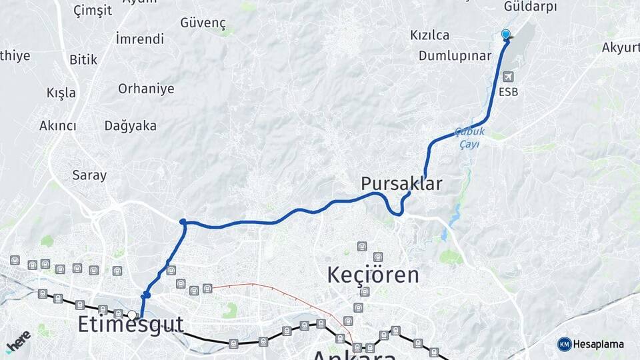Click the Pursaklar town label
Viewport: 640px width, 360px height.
pos(401,183)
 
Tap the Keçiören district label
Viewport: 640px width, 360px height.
pos(373,274)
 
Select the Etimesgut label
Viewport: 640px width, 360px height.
pos(130,325)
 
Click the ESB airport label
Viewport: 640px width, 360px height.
pos(508,92)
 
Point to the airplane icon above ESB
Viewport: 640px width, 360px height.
pos(508,77)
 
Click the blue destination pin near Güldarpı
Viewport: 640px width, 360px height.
pos(505,35)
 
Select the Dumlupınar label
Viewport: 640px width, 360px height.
pos(455,55)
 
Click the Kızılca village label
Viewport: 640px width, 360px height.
pos(429,35)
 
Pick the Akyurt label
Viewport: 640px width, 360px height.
pos(620,47)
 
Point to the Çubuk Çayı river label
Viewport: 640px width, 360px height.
pos(469,138)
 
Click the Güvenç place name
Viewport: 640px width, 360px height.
pos(203,23)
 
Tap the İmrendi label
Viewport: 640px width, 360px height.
pos(139,39)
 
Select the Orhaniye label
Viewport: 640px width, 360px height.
pos(146,89)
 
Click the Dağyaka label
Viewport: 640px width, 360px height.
pos(130,125)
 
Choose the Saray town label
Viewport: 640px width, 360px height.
pos(89,175)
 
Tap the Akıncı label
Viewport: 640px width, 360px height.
pos(58,125)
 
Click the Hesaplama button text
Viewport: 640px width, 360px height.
pos(599,344)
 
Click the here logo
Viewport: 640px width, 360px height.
pos(18,341)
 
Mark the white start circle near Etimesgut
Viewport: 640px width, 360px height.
pos(132,315)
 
